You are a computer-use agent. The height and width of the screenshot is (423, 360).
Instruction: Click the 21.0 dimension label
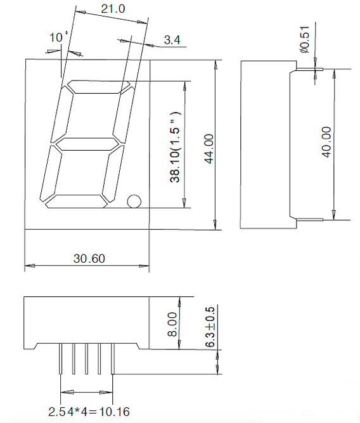(x=113, y=9)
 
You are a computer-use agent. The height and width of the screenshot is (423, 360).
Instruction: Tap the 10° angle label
(x=58, y=37)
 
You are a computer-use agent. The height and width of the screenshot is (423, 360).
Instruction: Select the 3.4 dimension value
(x=172, y=40)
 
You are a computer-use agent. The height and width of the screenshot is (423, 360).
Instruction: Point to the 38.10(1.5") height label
(x=175, y=147)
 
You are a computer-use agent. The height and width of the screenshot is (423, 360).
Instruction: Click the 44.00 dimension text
(x=209, y=149)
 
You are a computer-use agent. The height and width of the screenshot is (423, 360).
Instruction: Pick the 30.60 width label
(x=89, y=258)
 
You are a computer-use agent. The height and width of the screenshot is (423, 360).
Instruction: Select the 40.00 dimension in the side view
(x=326, y=142)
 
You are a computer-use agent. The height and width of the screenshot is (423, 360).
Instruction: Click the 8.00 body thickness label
(x=172, y=324)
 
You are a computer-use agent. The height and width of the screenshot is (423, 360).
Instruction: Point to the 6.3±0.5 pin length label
(x=210, y=327)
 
